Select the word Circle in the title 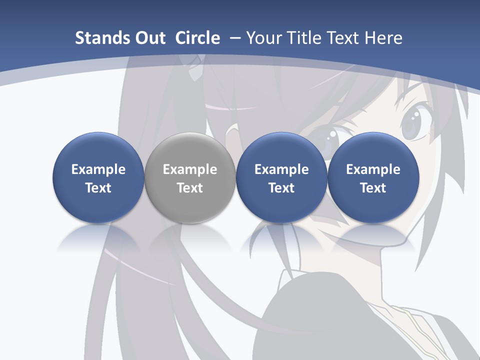point(197,38)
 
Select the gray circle point(190,177)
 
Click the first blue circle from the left point(98,177)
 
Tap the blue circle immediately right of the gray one point(281,177)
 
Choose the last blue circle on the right point(373,177)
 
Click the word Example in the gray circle point(190,169)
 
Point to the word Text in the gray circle point(190,188)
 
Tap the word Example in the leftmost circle point(98,169)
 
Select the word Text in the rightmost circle point(373,188)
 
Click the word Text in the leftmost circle point(98,188)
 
